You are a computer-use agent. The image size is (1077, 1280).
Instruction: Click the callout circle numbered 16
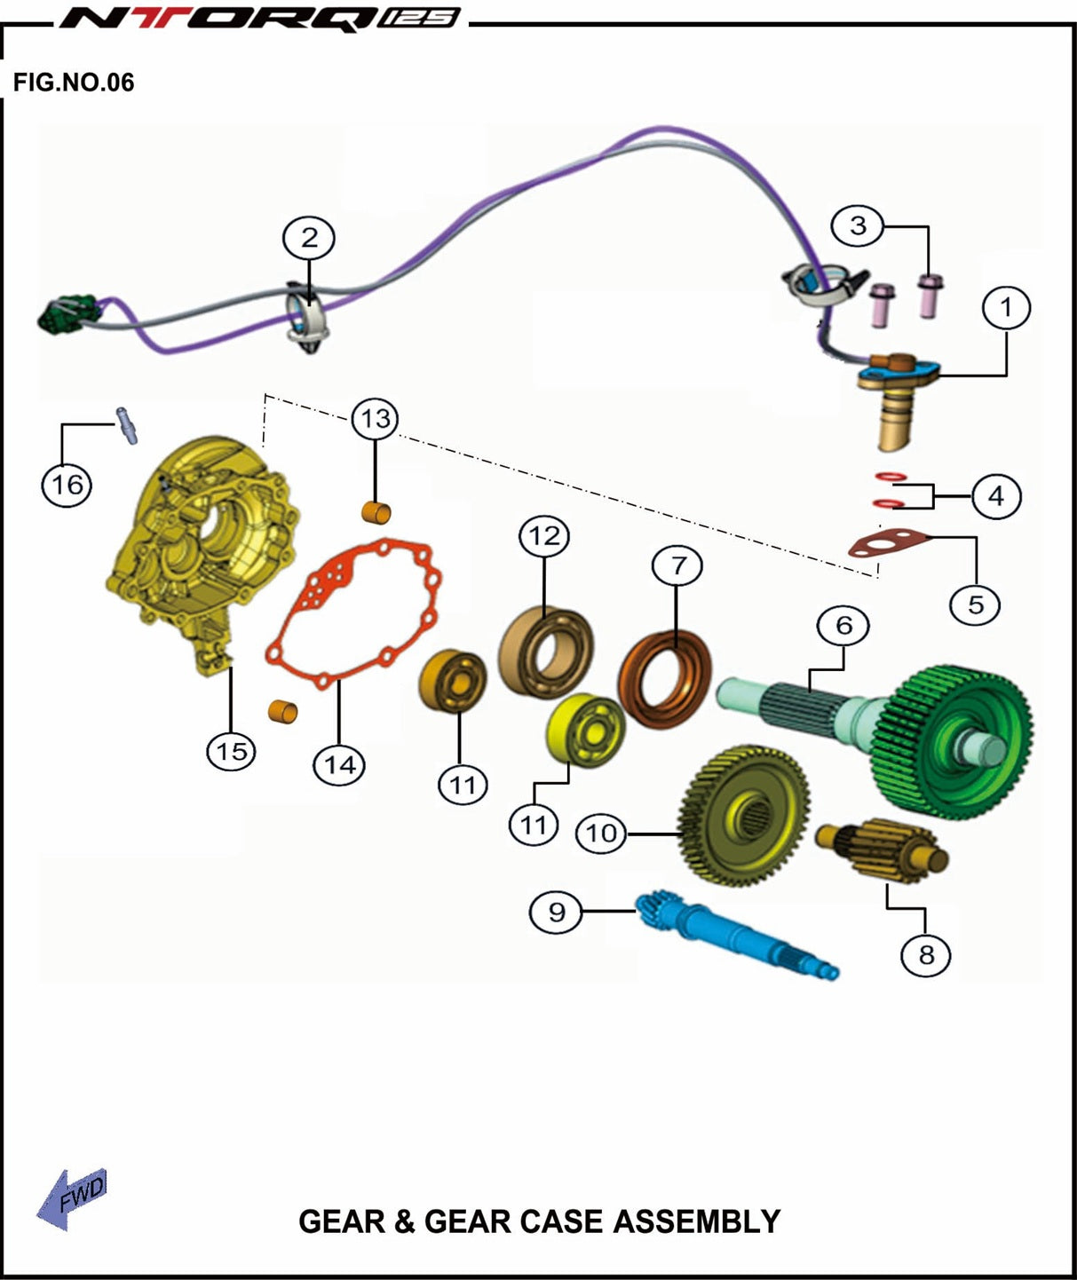(x=67, y=486)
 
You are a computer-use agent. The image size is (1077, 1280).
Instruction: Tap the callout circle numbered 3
(x=858, y=225)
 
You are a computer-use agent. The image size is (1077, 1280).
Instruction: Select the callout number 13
(x=376, y=419)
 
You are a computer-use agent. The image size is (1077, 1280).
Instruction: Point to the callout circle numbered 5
(x=975, y=605)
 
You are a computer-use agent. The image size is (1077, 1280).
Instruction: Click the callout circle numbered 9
(x=557, y=913)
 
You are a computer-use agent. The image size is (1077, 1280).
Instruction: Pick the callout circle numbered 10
(x=602, y=834)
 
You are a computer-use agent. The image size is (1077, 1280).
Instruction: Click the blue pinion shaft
(x=735, y=934)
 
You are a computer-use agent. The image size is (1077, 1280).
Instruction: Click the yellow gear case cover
(x=202, y=555)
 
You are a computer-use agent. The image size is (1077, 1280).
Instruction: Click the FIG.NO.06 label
(x=74, y=83)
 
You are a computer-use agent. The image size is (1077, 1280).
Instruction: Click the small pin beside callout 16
(x=127, y=425)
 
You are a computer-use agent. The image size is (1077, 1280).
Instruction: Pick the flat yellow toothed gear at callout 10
(x=743, y=816)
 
